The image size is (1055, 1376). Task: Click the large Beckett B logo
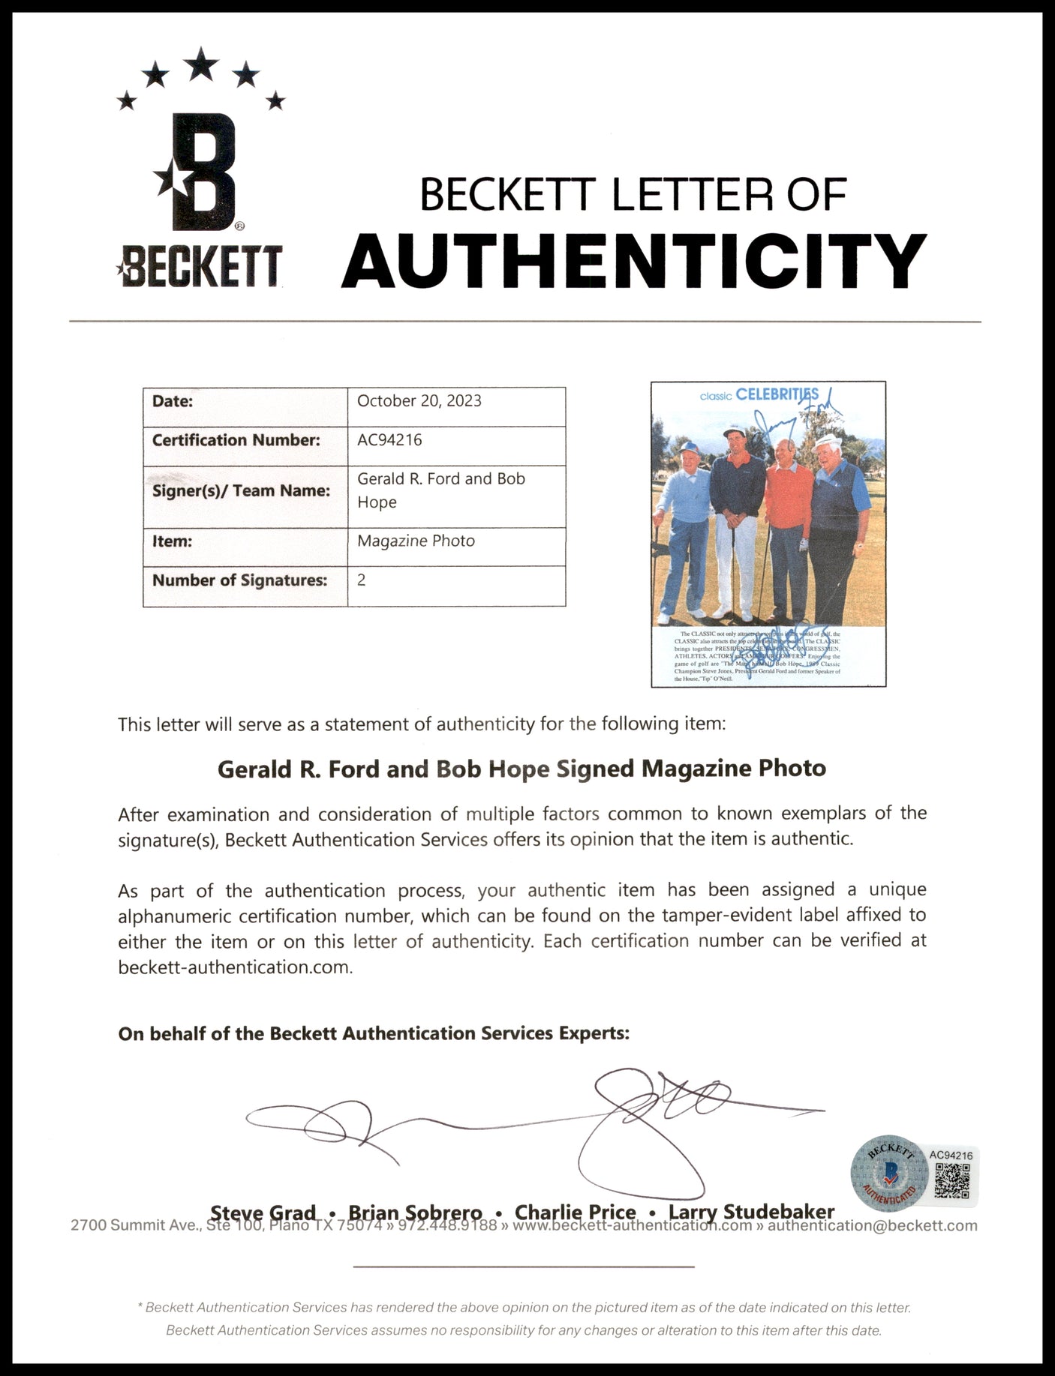202,173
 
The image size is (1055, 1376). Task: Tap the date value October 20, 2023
419,401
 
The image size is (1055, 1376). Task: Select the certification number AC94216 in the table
389,440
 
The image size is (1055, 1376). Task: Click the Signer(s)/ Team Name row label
241,491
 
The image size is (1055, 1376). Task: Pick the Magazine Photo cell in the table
416,541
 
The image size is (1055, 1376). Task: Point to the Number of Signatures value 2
362,580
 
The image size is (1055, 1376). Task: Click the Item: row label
173,541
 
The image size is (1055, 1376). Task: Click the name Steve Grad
263,1213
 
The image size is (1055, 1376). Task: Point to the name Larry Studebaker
751,1213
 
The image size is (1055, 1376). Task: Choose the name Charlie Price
575,1213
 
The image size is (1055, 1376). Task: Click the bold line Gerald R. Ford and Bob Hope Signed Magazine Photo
521,769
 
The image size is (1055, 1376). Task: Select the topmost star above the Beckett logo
200,64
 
